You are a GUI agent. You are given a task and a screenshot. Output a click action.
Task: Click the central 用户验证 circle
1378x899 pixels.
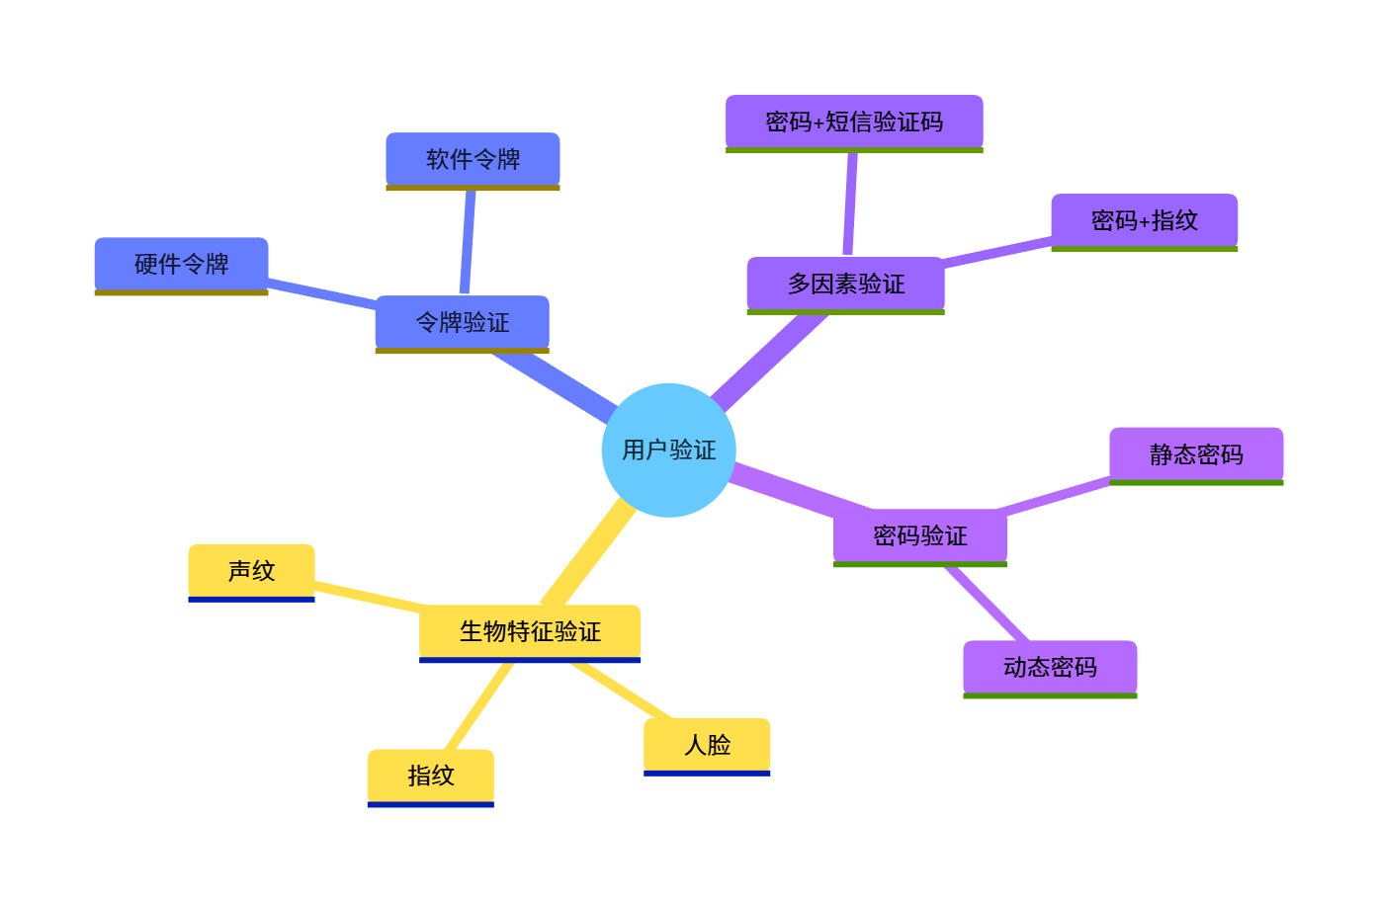tap(668, 450)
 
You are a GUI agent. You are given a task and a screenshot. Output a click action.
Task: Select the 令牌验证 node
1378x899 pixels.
tap(462, 322)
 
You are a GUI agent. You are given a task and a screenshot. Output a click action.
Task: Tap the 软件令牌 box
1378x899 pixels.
tap(473, 159)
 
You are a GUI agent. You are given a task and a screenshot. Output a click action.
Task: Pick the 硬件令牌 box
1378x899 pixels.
tap(181, 264)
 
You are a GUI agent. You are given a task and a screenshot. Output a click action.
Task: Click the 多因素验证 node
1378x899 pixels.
tap(845, 284)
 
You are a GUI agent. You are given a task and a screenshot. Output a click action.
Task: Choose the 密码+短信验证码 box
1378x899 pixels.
tap(854, 122)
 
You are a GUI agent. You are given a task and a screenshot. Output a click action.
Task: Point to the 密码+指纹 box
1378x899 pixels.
tap(1144, 220)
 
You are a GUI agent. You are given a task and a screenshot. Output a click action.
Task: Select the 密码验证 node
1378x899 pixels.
tap(919, 535)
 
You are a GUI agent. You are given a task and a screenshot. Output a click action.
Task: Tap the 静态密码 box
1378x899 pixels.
tap(1196, 454)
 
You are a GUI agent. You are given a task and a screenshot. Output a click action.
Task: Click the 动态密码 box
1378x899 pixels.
tap(1050, 667)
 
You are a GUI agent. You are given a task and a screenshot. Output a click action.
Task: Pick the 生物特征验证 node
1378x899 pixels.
tap(530, 631)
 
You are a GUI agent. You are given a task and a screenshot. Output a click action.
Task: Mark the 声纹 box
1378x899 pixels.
tap(251, 570)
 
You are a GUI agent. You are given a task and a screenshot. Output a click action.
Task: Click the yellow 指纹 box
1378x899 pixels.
tap(430, 776)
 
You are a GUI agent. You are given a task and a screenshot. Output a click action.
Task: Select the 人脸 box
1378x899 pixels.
tap(707, 744)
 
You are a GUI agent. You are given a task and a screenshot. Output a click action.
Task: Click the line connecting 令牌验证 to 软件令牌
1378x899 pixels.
tap(468, 242)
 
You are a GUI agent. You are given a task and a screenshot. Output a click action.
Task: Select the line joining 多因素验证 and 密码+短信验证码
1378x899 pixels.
tap(850, 204)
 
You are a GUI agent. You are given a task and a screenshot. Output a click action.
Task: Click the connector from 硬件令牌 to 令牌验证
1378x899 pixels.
tap(321, 293)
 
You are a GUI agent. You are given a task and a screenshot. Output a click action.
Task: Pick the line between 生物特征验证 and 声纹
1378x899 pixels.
tap(368, 596)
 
